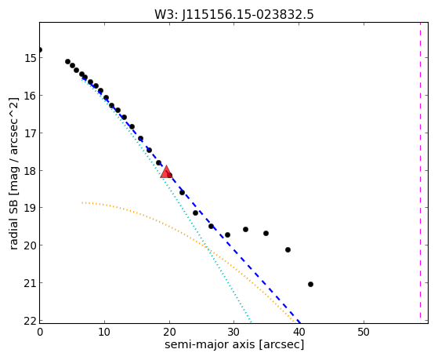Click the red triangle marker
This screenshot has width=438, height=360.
click(x=166, y=172)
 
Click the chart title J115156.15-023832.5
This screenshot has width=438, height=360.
click(x=248, y=15)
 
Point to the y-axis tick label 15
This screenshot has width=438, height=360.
click(x=30, y=58)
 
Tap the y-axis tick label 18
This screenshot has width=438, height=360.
click(x=30, y=171)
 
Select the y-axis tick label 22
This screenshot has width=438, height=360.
click(x=30, y=321)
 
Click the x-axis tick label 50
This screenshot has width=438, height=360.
click(x=364, y=333)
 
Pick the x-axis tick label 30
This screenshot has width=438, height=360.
click(x=233, y=333)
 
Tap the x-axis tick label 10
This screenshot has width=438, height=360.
click(x=104, y=333)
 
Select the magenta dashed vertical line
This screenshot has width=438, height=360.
click(x=420, y=170)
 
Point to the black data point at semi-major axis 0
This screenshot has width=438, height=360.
click(x=39, y=49)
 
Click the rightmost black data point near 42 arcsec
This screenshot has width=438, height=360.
click(x=310, y=284)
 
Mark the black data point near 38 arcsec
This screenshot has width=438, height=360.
click(x=288, y=249)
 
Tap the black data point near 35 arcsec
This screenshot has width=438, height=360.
click(x=266, y=233)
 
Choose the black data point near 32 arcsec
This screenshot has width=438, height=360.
click(x=245, y=229)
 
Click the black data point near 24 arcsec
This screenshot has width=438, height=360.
click(x=195, y=213)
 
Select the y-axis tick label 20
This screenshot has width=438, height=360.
click(x=30, y=245)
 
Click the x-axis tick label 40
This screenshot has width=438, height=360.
click(x=299, y=333)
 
